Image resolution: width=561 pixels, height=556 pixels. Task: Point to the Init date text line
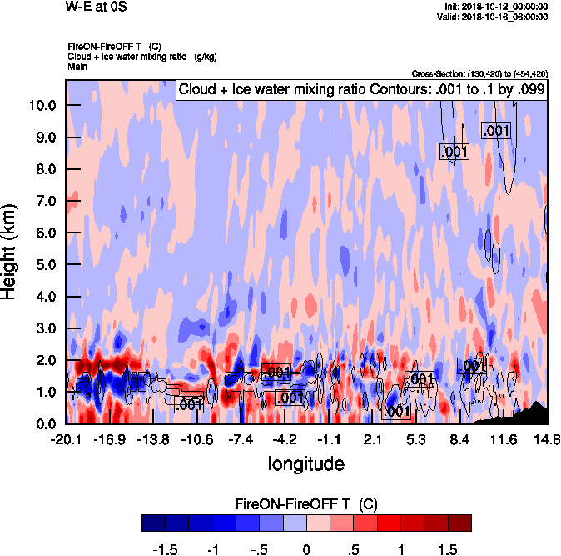pyautogui.click(x=497, y=7)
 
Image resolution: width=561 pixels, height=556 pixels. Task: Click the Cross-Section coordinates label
pyautogui.click(x=479, y=73)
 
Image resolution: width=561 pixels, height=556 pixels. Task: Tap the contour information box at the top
pyautogui.click(x=362, y=89)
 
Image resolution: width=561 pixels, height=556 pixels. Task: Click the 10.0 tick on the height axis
pyautogui.click(x=40, y=106)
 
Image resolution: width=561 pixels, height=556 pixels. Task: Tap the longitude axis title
pyautogui.click(x=305, y=463)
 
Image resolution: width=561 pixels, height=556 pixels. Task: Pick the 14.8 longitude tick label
pyautogui.click(x=547, y=439)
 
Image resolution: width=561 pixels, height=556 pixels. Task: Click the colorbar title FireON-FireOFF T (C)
pyautogui.click(x=306, y=504)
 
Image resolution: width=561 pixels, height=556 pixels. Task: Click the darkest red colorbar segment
pyautogui.click(x=460, y=523)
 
